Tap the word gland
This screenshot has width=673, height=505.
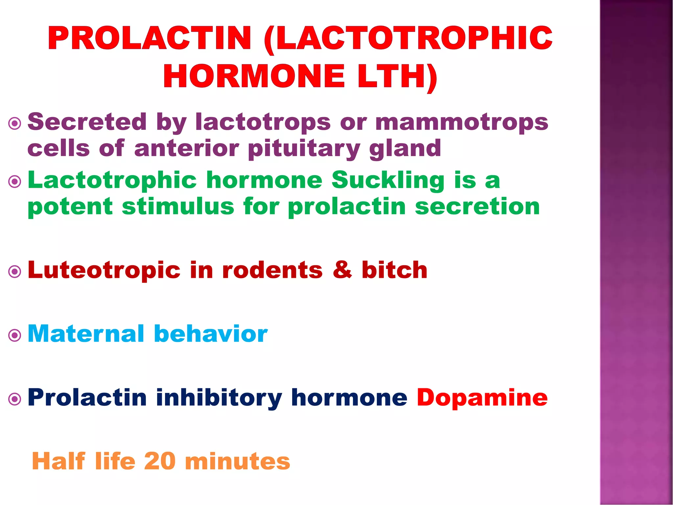tap(405, 149)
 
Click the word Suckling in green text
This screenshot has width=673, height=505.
tap(388, 180)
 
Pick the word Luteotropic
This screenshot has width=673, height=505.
tap(104, 270)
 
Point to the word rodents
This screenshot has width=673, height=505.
tap(272, 270)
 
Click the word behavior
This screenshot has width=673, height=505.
tap(211, 334)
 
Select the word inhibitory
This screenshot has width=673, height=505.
tap(219, 398)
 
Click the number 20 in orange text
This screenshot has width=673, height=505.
tap(160, 461)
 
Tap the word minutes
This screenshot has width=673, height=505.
tap(238, 461)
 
